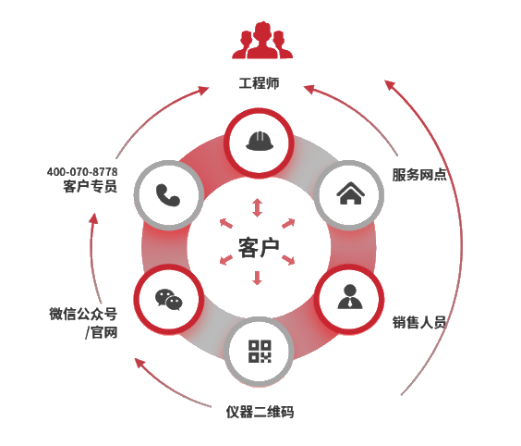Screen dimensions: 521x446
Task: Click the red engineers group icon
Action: pyautogui.click(x=262, y=40)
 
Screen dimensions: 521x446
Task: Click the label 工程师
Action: pyautogui.click(x=260, y=83)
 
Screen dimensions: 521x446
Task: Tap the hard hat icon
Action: pyautogui.click(x=260, y=142)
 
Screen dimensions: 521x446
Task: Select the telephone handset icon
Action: pyautogui.click(x=168, y=195)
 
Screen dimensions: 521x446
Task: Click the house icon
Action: pyautogui.click(x=350, y=193)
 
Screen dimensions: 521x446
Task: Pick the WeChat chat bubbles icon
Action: pyautogui.click(x=169, y=300)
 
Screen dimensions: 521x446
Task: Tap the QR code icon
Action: pyautogui.click(x=260, y=351)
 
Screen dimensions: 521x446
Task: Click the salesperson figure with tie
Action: pyautogui.click(x=350, y=296)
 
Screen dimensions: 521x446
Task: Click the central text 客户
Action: pyautogui.click(x=259, y=248)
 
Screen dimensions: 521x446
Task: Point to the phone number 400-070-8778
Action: pyautogui.click(x=82, y=172)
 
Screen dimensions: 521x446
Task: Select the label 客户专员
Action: pyautogui.click(x=90, y=186)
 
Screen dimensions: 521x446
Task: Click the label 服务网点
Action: pyautogui.click(x=419, y=175)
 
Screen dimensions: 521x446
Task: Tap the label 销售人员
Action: pyautogui.click(x=419, y=322)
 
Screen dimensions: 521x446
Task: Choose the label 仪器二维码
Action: pyautogui.click(x=260, y=412)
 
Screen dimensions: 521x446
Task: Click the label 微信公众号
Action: pyautogui.click(x=83, y=314)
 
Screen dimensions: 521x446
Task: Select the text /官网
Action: pyautogui.click(x=101, y=332)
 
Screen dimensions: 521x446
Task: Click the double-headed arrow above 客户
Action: pyautogui.click(x=257, y=207)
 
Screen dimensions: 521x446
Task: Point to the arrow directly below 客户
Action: pyautogui.click(x=257, y=278)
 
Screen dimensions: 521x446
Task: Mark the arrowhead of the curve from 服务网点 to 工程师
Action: pyautogui.click(x=309, y=89)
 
